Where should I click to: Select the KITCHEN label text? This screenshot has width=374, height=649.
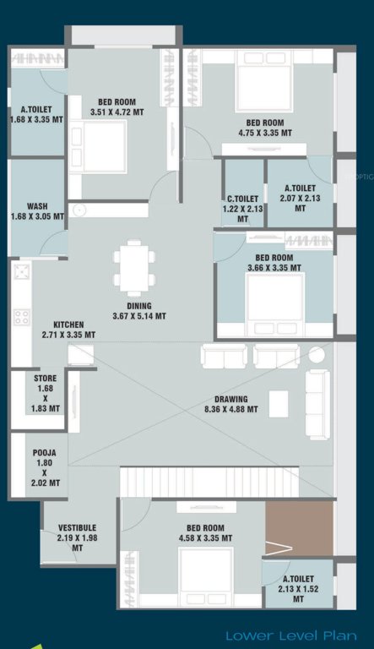point(68,330)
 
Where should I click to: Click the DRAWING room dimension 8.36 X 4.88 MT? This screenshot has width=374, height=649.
point(230,410)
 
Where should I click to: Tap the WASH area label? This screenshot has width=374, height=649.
point(37,210)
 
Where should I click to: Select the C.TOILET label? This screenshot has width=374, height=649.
point(242,203)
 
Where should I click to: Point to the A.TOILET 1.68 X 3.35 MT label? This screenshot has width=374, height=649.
point(37,114)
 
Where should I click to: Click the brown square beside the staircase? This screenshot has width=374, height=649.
point(299,527)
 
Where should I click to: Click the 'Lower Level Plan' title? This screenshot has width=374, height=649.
point(292,635)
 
